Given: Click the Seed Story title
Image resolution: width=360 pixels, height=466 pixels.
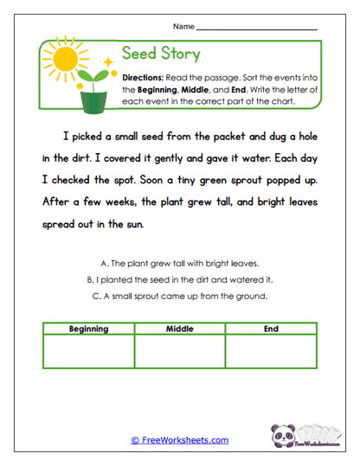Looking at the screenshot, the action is coord(161,54).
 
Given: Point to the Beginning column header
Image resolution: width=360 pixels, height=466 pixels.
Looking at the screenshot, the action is coord(90,329).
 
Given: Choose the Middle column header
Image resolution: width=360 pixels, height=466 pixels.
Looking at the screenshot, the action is coord(180,329).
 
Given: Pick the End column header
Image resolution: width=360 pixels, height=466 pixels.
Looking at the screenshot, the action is coord(271,329).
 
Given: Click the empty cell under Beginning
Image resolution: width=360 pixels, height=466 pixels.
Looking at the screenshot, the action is coord(90,352).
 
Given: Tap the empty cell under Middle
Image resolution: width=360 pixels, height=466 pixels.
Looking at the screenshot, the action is coord(180,352).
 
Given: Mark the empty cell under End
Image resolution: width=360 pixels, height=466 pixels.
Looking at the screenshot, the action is coord(271,352).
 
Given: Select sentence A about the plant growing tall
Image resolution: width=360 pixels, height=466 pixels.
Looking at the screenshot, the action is coord(180,263).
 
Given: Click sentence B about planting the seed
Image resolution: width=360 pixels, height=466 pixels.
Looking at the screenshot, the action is coord(180,280).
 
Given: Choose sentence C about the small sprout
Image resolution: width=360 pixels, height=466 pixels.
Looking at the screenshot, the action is coord(180,297).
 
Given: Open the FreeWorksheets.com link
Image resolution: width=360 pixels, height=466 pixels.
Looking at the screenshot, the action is coord(180,440).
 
